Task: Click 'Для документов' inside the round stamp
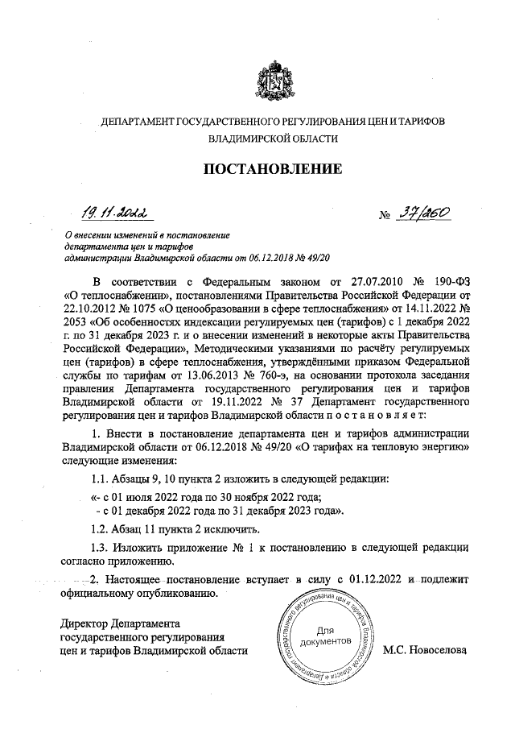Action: [x=324, y=636]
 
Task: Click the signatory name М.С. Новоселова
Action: [x=426, y=650]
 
